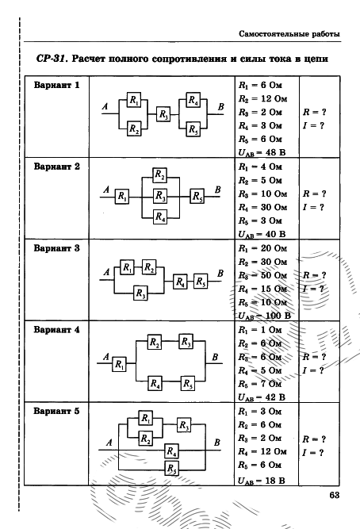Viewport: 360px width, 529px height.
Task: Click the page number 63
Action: click(x=334, y=495)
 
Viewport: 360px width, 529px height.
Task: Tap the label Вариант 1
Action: click(x=56, y=85)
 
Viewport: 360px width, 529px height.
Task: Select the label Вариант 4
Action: click(x=56, y=330)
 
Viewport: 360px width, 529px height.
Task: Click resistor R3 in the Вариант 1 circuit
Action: click(x=163, y=114)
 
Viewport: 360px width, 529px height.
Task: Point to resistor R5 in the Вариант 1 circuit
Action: click(x=193, y=129)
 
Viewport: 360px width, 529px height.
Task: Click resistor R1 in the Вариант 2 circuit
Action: click(x=122, y=196)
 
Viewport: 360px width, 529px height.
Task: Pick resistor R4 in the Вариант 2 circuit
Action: click(x=160, y=217)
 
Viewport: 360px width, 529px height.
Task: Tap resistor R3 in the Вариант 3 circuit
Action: click(x=140, y=293)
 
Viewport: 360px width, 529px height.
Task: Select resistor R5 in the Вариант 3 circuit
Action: click(x=201, y=281)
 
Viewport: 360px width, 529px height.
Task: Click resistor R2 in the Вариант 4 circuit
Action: click(x=154, y=342)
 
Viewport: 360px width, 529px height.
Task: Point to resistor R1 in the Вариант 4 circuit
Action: click(x=119, y=364)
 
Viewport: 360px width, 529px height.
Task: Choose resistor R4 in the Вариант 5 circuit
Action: click(x=172, y=450)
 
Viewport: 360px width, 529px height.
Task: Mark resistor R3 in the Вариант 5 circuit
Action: click(x=184, y=425)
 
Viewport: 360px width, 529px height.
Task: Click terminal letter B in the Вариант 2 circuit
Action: click(x=217, y=190)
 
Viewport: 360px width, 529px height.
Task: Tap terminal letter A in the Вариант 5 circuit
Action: click(x=109, y=443)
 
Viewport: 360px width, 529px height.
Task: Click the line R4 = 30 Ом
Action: click(x=262, y=207)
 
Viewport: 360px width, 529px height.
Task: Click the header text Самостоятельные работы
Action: click(x=289, y=34)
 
